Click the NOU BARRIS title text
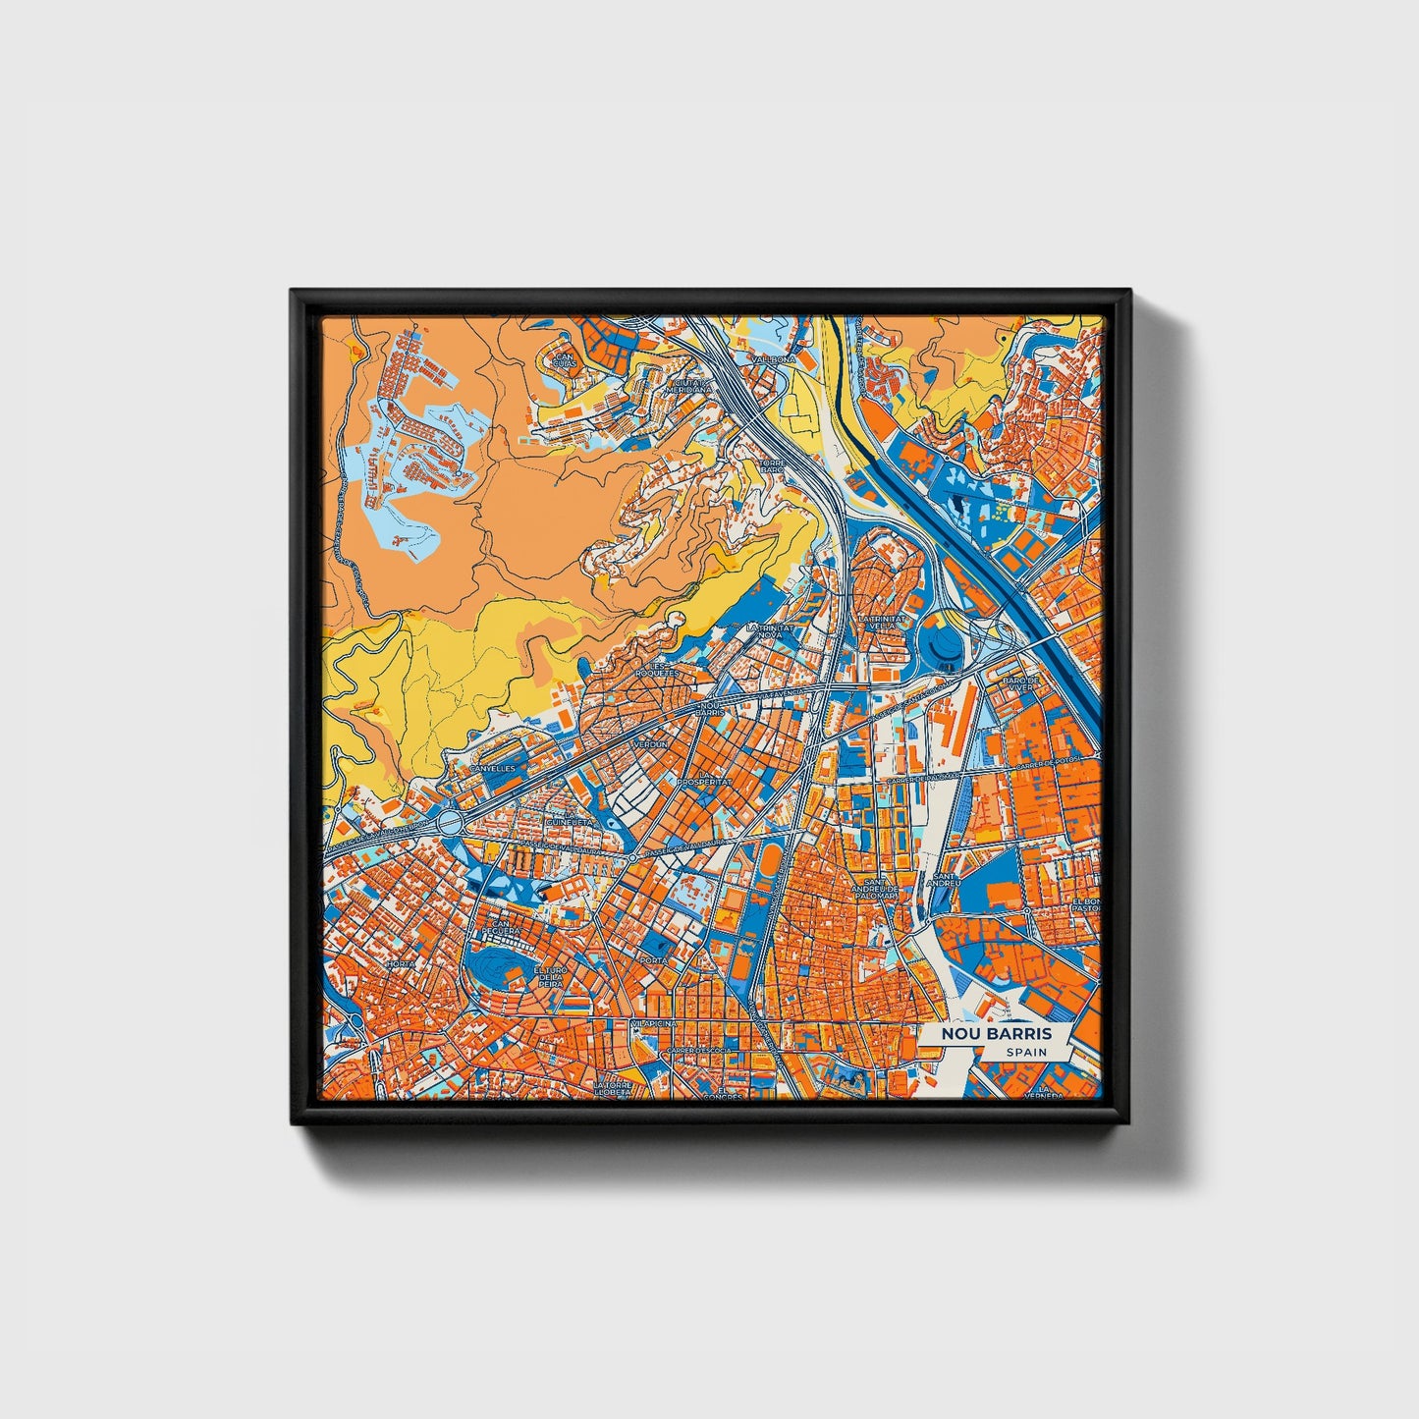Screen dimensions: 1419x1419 click(x=996, y=1034)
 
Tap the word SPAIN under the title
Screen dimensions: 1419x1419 click(x=1025, y=1053)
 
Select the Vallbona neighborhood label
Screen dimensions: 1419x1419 click(x=773, y=360)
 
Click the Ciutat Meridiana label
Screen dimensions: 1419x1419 click(x=688, y=385)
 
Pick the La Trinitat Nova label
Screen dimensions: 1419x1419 click(x=767, y=630)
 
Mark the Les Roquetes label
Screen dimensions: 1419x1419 click(x=655, y=670)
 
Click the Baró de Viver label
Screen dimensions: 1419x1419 click(x=1019, y=683)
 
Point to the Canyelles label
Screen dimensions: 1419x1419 click(x=492, y=769)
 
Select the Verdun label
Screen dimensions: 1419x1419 click(x=651, y=744)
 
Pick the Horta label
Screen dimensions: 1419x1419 click(x=401, y=964)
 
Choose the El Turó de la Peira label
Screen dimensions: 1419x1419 click(x=551, y=975)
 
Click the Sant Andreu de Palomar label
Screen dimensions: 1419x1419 click(x=876, y=886)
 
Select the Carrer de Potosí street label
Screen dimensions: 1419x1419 click(x=1048, y=761)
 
